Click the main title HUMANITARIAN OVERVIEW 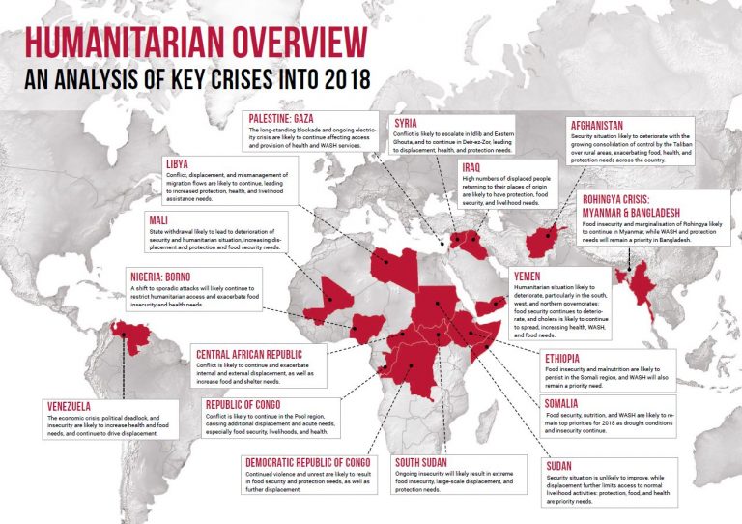[195, 43]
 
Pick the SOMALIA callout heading [566, 402]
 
